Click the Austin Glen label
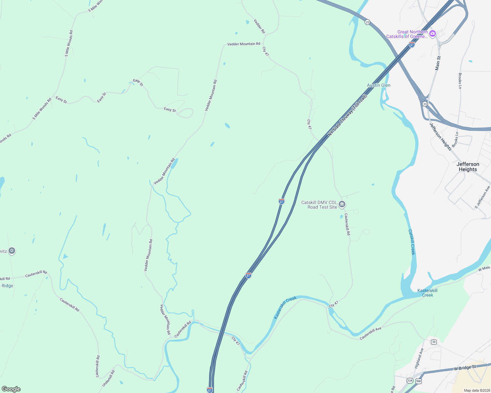[378, 85]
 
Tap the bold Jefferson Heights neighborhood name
[468, 167]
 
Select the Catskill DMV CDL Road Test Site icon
[342, 205]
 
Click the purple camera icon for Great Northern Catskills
[433, 33]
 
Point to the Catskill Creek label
[412, 242]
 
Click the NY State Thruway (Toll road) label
[347, 116]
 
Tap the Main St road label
[438, 63]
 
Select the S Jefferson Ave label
[482, 197]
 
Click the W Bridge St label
[465, 368]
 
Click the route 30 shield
[434, 342]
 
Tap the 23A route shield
[410, 381]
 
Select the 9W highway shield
[418, 381]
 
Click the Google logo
[11, 389]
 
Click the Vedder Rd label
[259, 26]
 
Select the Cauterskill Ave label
[371, 333]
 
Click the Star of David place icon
[12, 251]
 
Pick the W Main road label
[484, 269]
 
